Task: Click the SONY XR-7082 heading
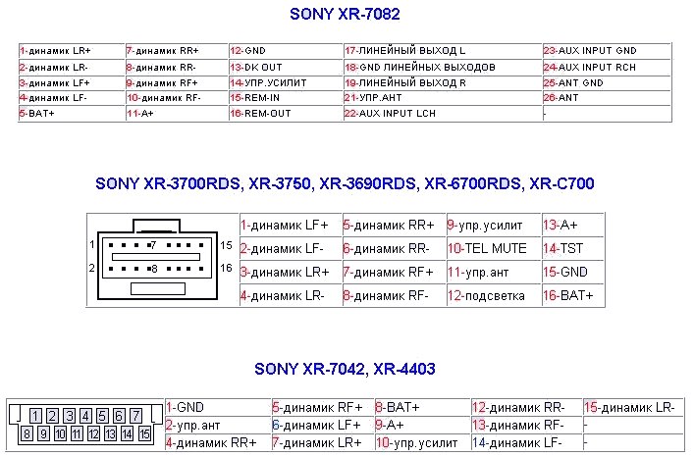coord(346,15)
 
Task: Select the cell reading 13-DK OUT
coord(256,67)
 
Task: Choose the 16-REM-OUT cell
coord(261,115)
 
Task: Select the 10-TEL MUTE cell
coord(488,249)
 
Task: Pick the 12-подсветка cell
coord(487,295)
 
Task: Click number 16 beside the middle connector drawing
coord(226,268)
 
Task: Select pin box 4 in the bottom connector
coord(85,417)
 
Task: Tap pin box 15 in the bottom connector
coord(143,432)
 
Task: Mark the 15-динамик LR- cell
coord(629,407)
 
